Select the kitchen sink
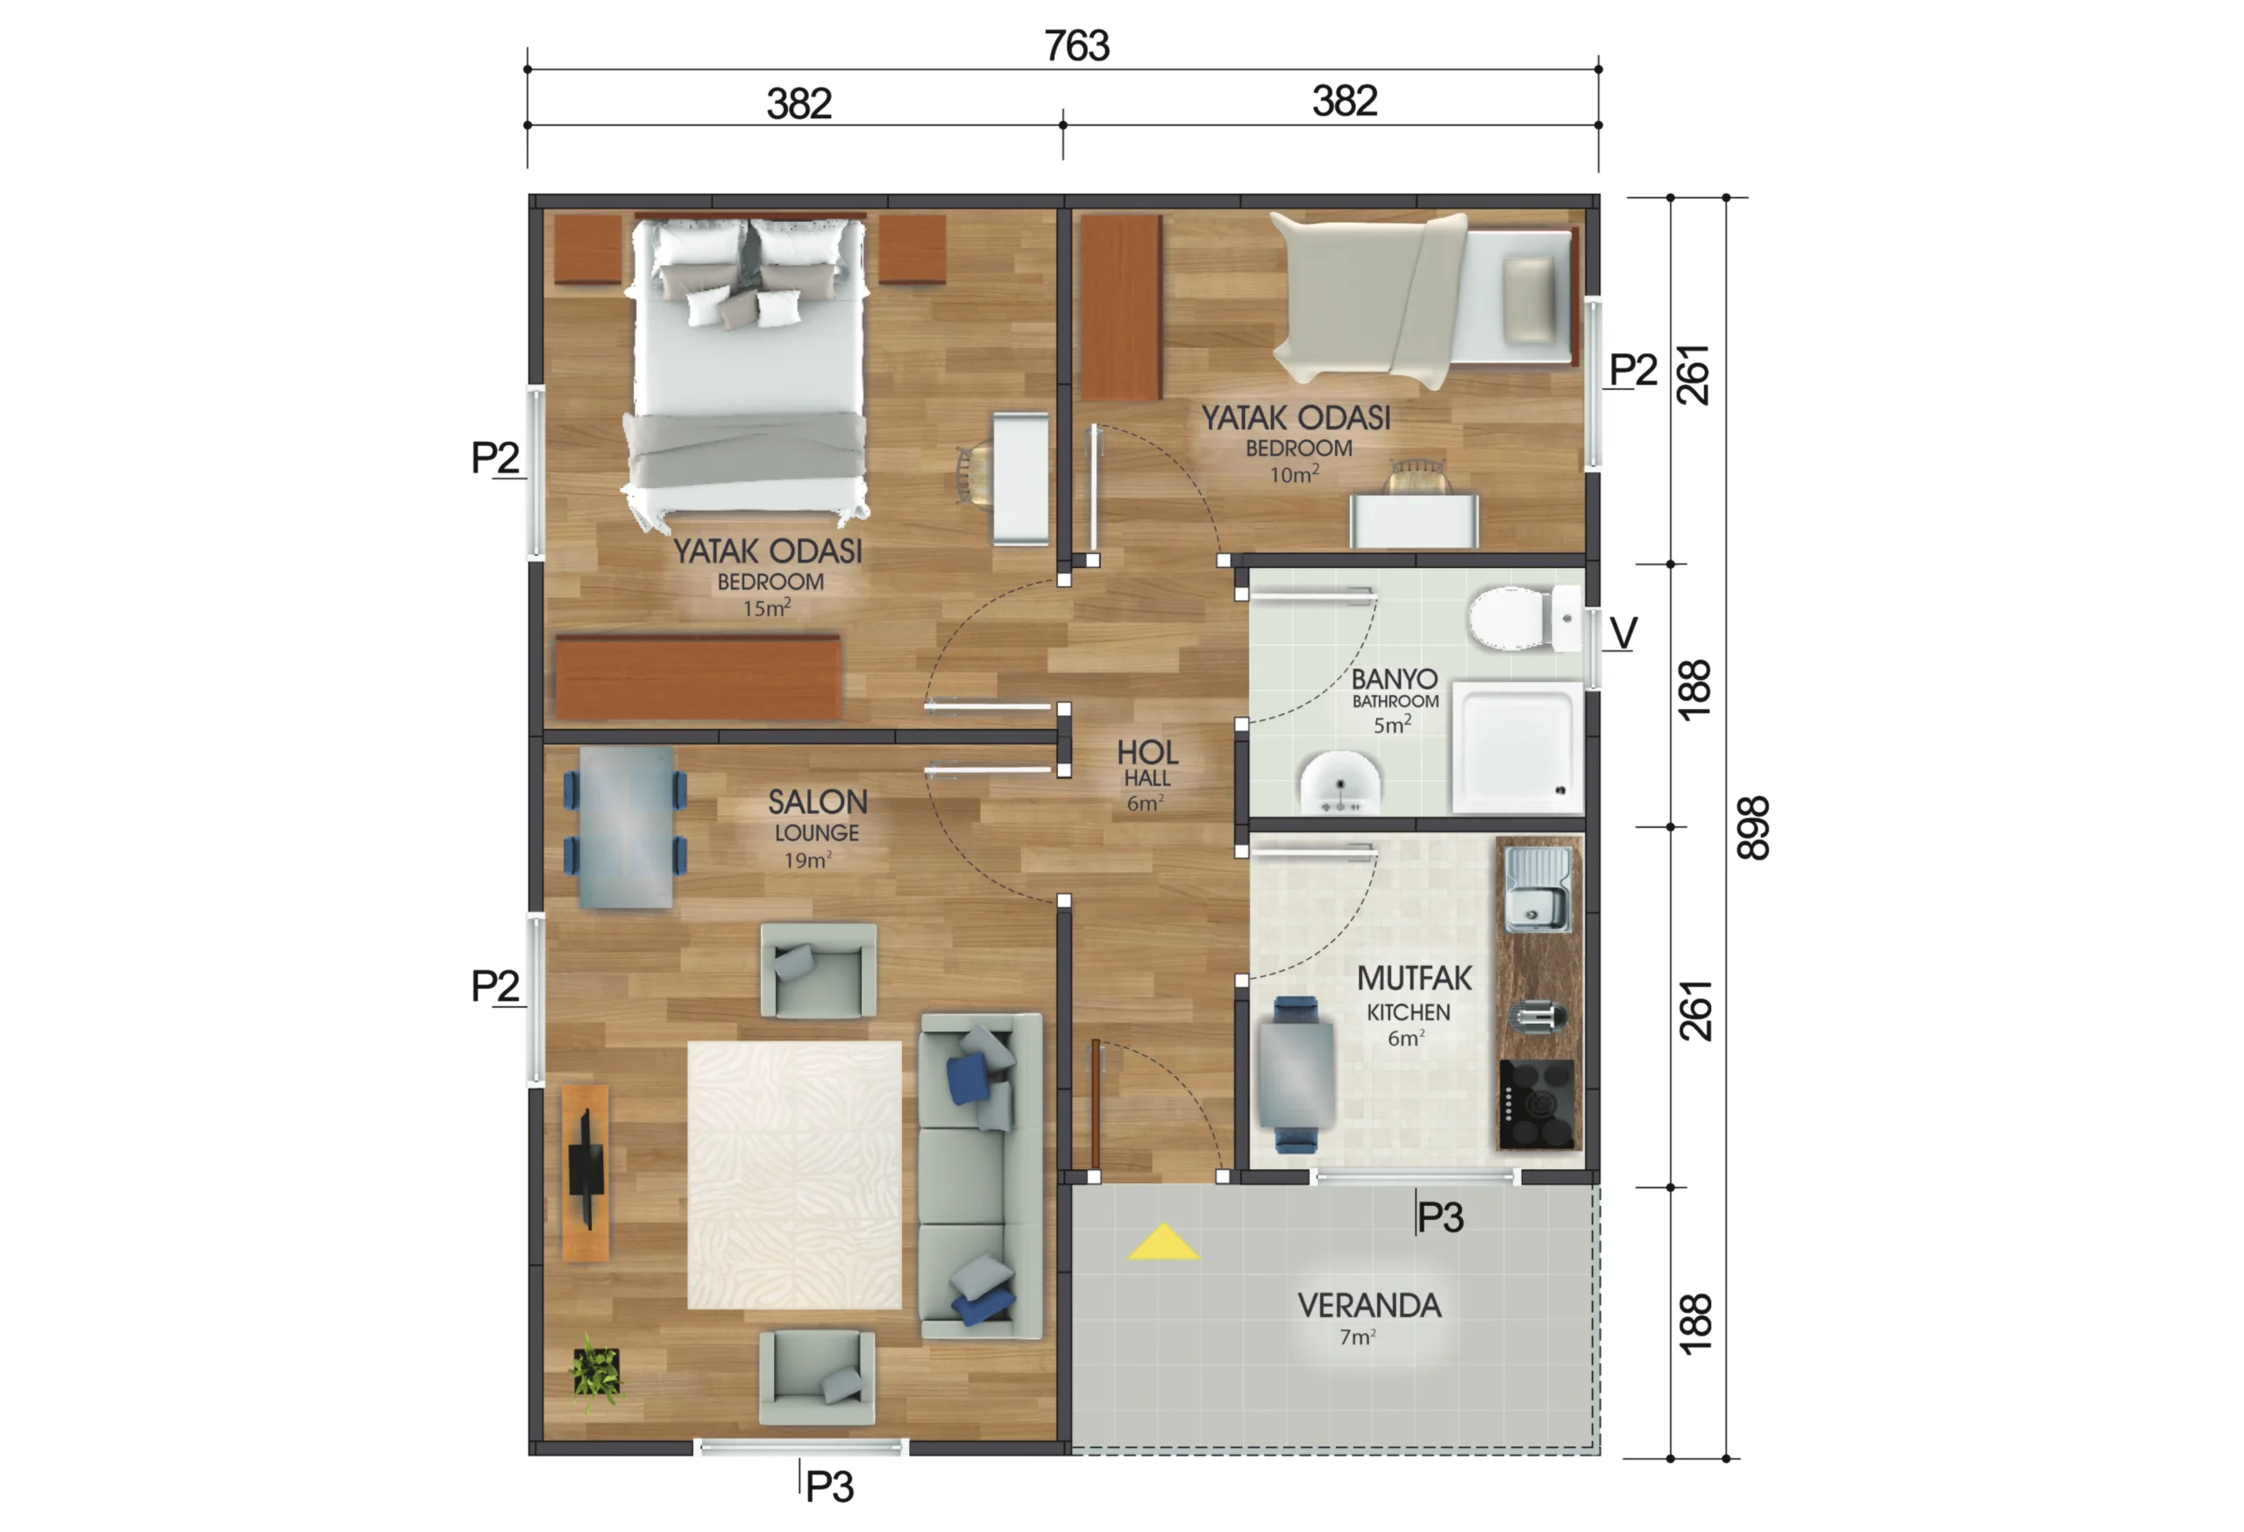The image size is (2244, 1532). [1538, 889]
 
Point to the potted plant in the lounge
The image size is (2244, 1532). [597, 1372]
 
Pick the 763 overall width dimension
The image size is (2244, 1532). [1076, 46]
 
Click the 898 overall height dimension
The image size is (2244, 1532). [1752, 827]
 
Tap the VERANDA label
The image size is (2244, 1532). [1369, 1305]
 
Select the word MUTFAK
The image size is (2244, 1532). [1415, 979]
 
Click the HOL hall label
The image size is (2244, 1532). [1148, 752]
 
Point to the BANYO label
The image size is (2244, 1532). [1395, 678]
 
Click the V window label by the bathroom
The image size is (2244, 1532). [1624, 634]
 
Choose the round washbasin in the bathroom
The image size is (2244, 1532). [1340, 781]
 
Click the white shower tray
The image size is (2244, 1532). [1517, 746]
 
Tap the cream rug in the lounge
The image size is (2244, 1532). [795, 1174]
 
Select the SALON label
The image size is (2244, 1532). [818, 801]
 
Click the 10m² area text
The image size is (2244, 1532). [1294, 474]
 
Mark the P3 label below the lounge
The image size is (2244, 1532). [829, 1486]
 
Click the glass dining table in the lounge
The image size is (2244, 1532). [626, 828]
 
